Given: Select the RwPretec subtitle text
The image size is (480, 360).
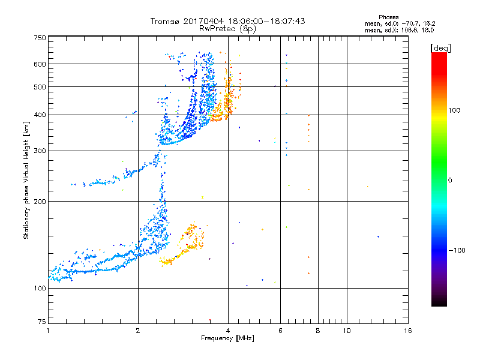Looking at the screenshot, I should coord(219,28).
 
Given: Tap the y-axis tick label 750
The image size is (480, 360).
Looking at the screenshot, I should coord(39,38).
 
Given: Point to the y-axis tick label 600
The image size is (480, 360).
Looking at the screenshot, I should coord(39,64).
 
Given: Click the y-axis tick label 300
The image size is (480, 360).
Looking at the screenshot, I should coord(39,151).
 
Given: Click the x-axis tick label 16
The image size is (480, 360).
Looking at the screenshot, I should coord(408,331).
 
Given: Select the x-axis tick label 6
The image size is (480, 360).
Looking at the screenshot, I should coord(280,331).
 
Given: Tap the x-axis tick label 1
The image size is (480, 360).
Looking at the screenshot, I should coord(48,331).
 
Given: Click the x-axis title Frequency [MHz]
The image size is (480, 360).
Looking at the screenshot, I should coord(228,339).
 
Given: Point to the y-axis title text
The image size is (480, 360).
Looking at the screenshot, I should coord(26,180).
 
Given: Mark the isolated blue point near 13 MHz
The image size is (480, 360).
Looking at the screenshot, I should coord(378,236).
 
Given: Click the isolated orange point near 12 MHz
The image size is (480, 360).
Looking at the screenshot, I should coord(367,187).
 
